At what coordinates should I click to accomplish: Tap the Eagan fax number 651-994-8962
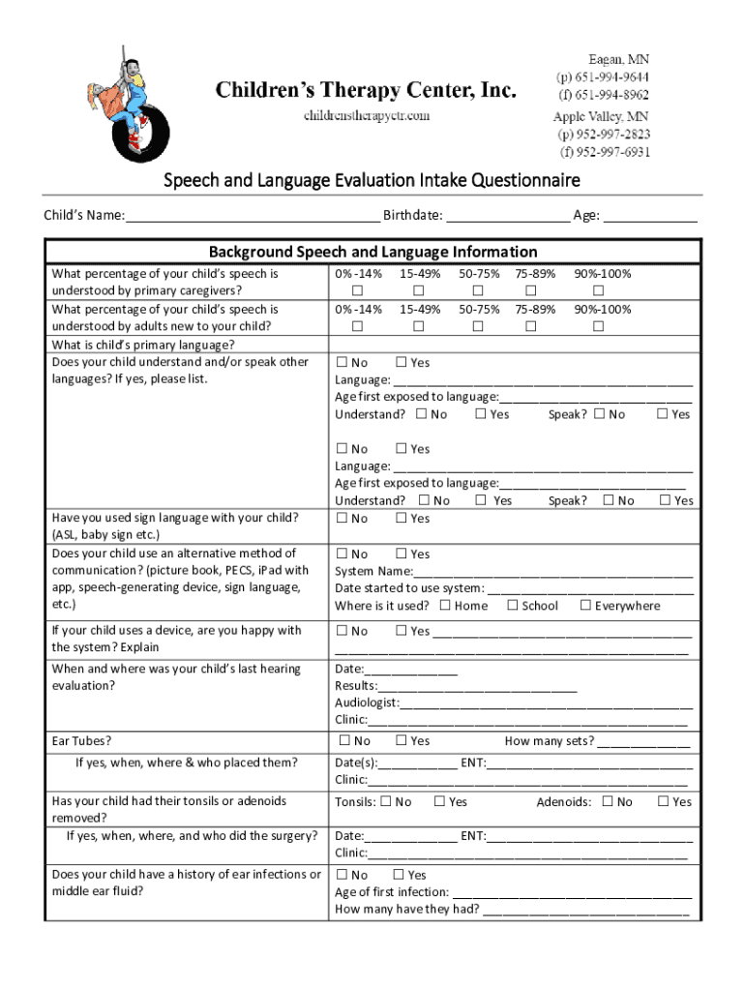coord(602,95)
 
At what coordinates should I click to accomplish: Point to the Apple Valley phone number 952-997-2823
coord(602,135)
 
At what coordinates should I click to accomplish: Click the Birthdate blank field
coord(508,217)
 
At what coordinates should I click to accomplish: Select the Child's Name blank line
coord(252,217)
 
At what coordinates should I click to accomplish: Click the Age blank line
coord(650,217)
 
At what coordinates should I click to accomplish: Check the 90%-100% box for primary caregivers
coord(598,291)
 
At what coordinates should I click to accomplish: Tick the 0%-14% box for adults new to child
coord(357,327)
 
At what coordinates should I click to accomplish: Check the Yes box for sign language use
coord(402,519)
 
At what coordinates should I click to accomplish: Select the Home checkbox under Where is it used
coord(445,606)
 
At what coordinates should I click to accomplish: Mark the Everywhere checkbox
coord(585,606)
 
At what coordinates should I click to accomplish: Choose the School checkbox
coord(513,606)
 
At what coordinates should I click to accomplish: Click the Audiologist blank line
coord(546,704)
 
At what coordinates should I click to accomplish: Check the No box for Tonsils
coord(386,801)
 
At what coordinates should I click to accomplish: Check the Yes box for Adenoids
coord(664,801)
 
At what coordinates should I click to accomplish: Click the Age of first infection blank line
coord(571,893)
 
